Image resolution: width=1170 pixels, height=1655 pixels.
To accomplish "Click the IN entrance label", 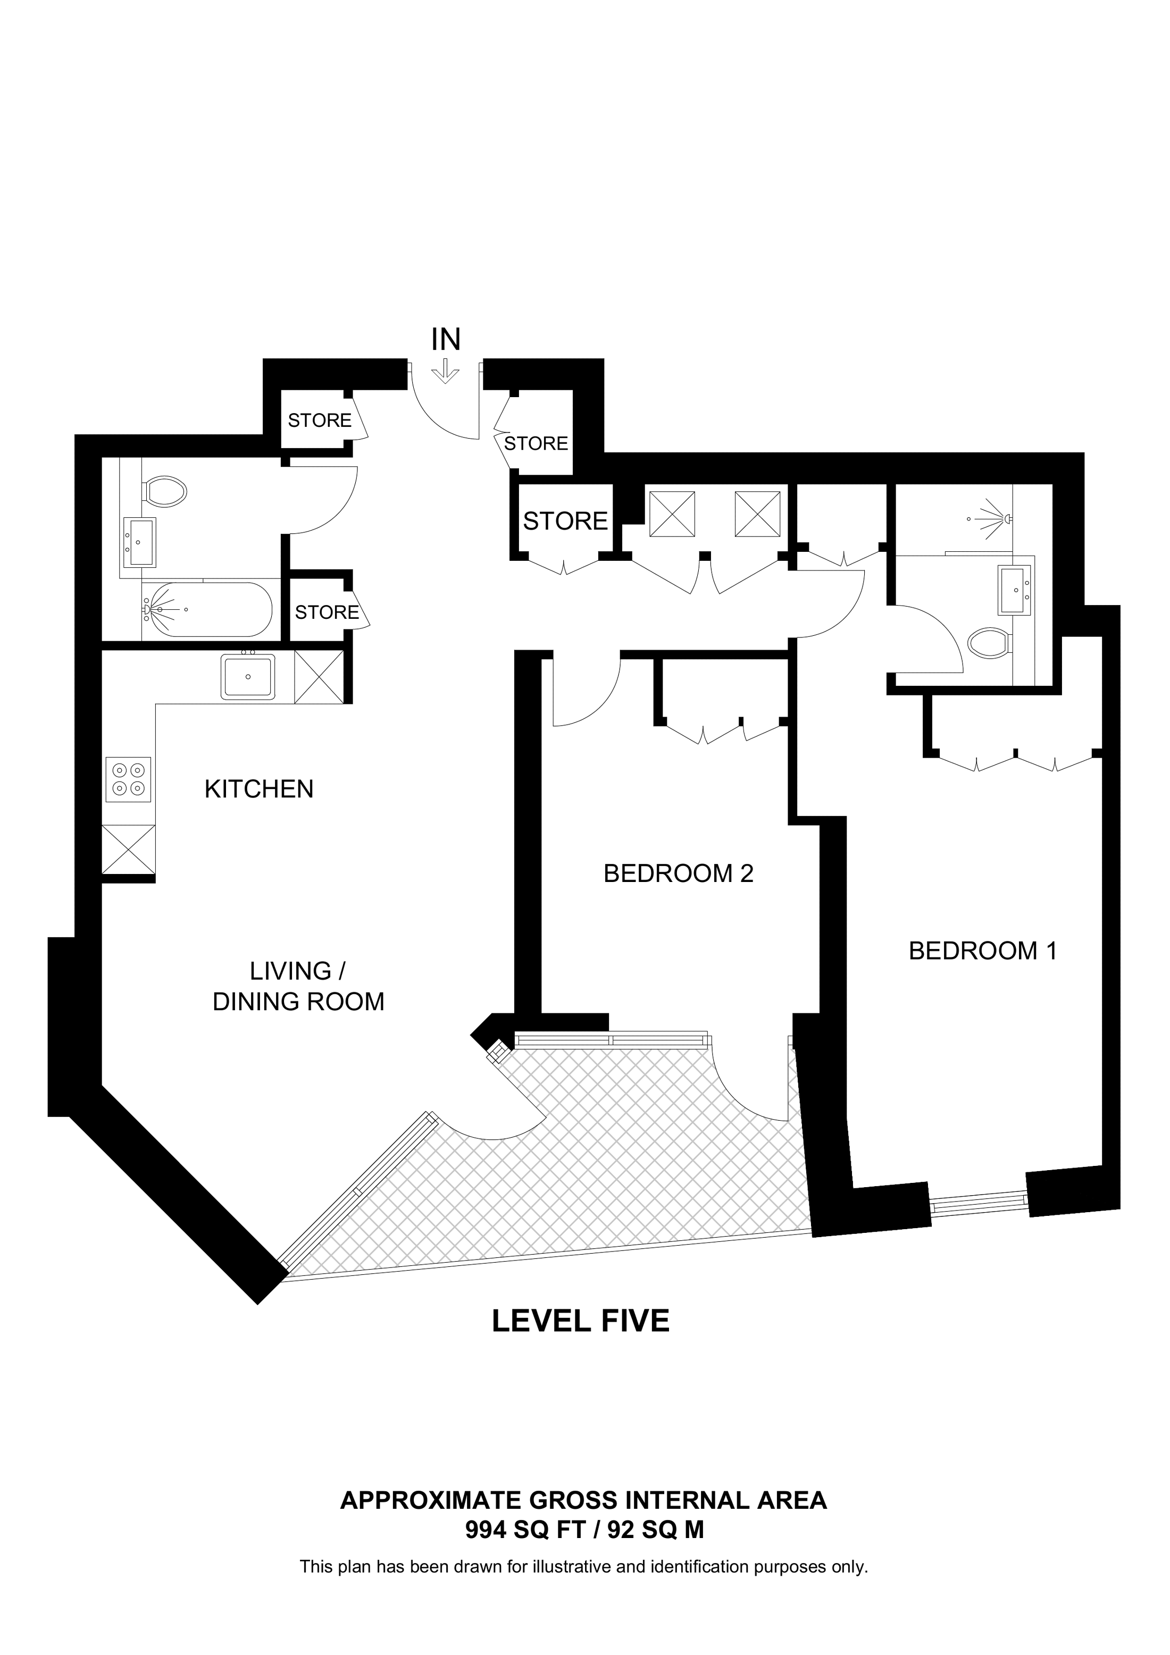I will tap(446, 340).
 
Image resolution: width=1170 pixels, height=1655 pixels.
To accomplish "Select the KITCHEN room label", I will tap(259, 789).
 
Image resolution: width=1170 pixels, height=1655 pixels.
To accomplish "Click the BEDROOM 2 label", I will tap(678, 873).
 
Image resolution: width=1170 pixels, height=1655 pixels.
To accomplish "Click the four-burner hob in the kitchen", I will tap(128, 779).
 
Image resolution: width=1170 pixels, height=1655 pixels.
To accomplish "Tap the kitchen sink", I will tap(248, 677).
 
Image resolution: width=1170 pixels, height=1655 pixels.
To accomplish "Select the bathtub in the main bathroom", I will tap(207, 610).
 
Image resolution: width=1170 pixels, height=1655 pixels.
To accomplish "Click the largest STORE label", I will tap(565, 521).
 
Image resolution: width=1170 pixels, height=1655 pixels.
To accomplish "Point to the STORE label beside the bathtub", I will tap(327, 612).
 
